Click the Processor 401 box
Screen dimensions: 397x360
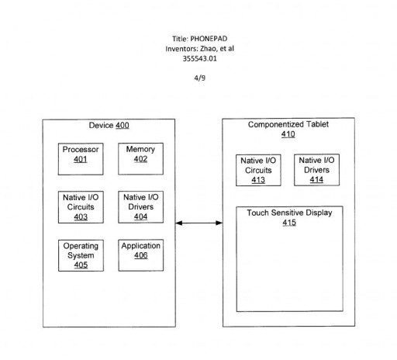point(81,159)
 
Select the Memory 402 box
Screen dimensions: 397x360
point(140,159)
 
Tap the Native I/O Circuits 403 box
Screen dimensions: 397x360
point(81,207)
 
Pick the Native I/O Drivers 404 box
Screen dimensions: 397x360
point(141,207)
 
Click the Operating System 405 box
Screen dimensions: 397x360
point(81,255)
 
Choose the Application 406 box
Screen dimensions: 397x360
point(141,255)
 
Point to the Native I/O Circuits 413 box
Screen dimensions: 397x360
point(258,170)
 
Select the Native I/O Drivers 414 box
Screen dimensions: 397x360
point(316,170)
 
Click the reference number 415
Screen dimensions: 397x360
point(289,223)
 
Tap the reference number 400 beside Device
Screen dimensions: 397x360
point(123,126)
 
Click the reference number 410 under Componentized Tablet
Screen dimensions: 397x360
point(288,134)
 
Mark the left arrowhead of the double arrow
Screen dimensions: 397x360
point(179,223)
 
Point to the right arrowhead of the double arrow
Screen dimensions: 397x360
point(219,223)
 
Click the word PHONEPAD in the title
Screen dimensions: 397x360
point(209,39)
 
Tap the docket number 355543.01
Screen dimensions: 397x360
point(199,59)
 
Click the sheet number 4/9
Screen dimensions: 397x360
point(200,78)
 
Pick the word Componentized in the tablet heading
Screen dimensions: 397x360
point(276,125)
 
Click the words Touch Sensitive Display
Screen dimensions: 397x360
point(289,213)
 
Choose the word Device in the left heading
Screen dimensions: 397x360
point(102,126)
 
